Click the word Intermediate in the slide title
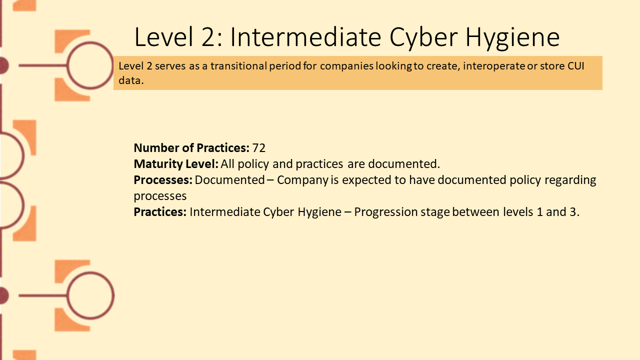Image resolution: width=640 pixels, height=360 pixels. [x=305, y=37]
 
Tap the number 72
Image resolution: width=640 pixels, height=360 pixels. [x=259, y=148]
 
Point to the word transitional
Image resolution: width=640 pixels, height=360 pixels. [x=238, y=66]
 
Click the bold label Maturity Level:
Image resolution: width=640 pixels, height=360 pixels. [x=176, y=164]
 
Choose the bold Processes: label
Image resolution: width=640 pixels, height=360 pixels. [x=163, y=180]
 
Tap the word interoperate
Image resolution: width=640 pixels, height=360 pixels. [x=493, y=66]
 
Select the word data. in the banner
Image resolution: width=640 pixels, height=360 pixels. [x=131, y=80]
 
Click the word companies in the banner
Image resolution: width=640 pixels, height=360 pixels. [x=346, y=66]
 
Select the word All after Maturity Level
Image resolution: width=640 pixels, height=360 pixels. [x=227, y=164]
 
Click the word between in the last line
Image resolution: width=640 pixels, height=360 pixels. [x=475, y=212]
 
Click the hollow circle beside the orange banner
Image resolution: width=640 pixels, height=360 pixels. [x=90, y=42]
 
